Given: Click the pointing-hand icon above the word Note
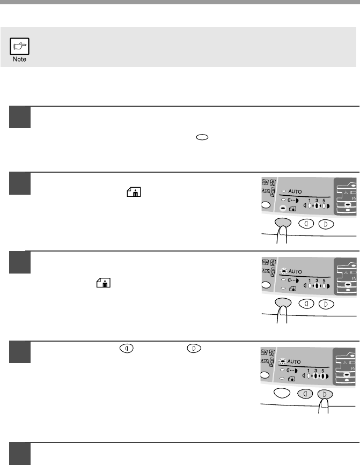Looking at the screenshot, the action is tap(19, 46).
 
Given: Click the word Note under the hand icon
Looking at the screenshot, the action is tap(19, 60).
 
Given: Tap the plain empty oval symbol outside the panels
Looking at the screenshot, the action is tap(202, 137).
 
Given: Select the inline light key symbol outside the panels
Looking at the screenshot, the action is tap(127, 348).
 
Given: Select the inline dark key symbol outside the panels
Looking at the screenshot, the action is tap(194, 348).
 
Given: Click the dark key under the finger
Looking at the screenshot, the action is tap(325, 394).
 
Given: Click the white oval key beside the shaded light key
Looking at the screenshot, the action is tap(282, 393).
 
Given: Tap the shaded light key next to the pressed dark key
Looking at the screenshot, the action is tap(305, 394).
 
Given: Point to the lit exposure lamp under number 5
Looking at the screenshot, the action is tap(322, 377).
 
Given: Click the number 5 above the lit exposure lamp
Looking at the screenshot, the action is tap(323, 371).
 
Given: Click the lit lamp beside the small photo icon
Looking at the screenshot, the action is tap(283, 209).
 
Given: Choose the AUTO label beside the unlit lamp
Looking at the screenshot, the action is tap(295, 191).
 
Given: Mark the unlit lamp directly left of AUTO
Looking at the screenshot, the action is tap(284, 191).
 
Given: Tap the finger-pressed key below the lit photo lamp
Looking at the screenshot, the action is tap(283, 222).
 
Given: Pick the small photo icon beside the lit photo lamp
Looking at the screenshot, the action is tap(292, 209).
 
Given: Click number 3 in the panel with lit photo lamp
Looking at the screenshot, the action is tap(317, 201).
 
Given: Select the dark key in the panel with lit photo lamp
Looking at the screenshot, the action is tap(326, 224).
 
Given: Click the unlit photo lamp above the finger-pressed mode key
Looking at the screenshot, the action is tap(283, 288).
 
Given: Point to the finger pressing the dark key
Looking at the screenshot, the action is tap(324, 405).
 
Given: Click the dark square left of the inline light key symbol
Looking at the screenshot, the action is tap(20, 352).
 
